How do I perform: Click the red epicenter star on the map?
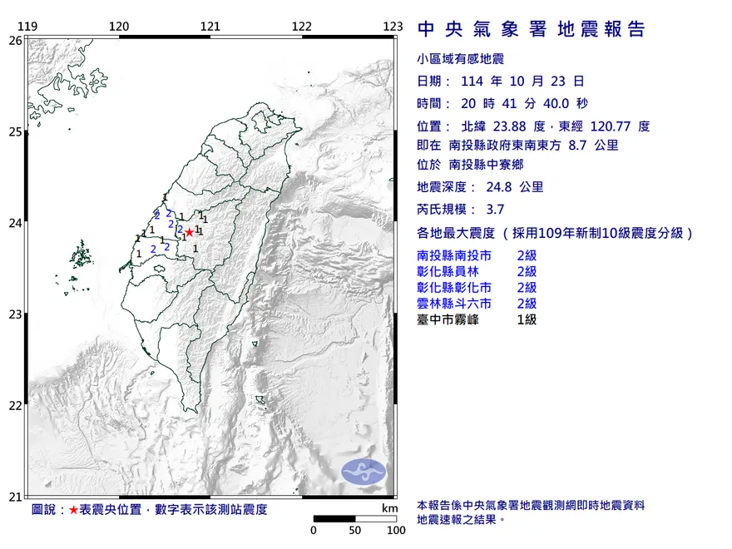tap(189, 232)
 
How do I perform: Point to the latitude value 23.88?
tap(514, 126)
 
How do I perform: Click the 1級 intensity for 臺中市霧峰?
tap(527, 319)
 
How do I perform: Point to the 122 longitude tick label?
tap(302, 27)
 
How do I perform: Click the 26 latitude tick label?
tap(15, 40)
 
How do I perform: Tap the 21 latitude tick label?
tap(15, 497)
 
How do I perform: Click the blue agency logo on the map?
tap(364, 470)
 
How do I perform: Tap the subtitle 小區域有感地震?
tap(460, 58)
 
